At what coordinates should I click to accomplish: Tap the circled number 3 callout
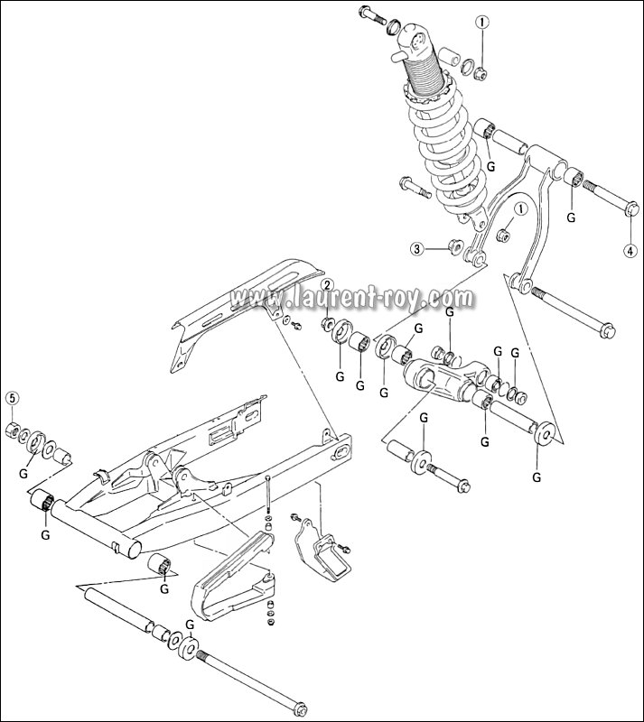coord(416,248)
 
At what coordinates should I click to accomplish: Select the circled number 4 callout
coord(630,250)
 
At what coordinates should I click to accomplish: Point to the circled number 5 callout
coord(13,398)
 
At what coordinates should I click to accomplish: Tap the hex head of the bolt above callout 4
coord(630,209)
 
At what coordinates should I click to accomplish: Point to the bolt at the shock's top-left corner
coord(369,14)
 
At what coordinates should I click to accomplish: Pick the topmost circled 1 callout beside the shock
coord(483,22)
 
